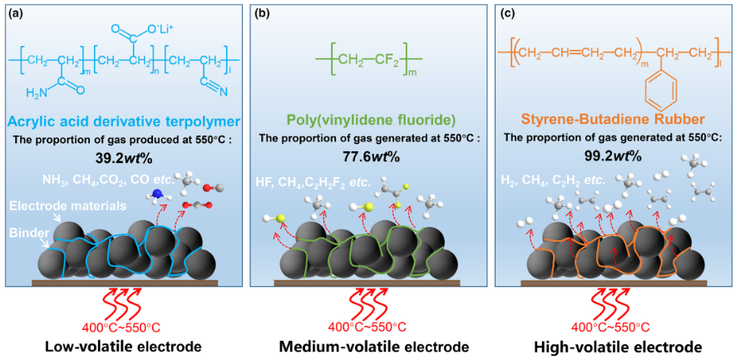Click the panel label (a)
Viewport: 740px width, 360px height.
click(x=15, y=13)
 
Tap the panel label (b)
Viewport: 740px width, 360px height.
click(x=260, y=13)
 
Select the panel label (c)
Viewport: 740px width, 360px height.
click(x=506, y=13)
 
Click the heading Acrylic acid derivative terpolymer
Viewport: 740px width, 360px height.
click(x=125, y=120)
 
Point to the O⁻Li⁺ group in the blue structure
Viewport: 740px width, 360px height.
click(x=162, y=28)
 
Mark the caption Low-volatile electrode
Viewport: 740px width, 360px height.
click(x=123, y=347)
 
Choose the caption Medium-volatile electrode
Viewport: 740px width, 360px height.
click(x=372, y=347)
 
